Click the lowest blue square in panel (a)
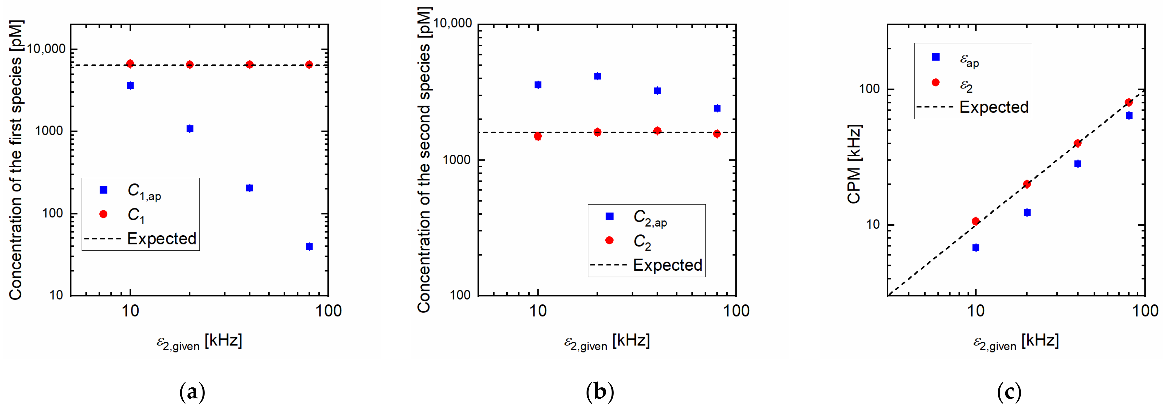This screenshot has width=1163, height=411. (309, 246)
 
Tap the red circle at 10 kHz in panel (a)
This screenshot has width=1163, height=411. (130, 64)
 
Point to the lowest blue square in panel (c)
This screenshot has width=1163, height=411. (976, 248)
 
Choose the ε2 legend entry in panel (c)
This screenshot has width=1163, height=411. (953, 84)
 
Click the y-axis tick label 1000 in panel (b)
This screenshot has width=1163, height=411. (456, 160)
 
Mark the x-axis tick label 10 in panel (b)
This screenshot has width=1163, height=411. (538, 311)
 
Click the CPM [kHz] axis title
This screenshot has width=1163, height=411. (854, 165)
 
